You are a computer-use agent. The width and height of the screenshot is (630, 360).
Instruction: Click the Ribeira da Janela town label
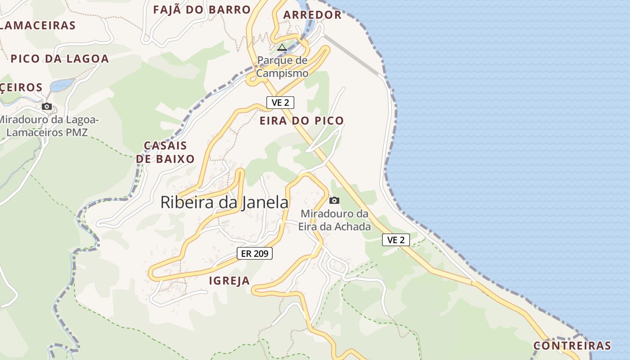coord(224,202)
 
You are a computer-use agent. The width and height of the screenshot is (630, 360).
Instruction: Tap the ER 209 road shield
coord(255,253)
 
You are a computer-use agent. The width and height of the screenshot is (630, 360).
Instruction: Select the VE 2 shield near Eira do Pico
coord(280,103)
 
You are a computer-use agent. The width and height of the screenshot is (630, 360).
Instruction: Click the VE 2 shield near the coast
coord(396,240)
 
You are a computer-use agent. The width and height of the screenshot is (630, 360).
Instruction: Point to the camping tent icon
coord(282,47)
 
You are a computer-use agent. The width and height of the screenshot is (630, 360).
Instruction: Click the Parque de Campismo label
coord(283,67)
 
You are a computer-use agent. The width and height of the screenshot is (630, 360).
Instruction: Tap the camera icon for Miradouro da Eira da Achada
coord(334,200)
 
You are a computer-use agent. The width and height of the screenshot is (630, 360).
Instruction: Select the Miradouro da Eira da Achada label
coord(335,220)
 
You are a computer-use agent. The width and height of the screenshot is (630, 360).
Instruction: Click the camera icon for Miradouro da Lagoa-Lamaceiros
coord(47,107)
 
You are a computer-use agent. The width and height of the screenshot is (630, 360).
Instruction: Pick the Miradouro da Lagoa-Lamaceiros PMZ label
coord(48,126)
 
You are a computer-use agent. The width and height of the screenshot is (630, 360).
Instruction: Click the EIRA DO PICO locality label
coord(301,121)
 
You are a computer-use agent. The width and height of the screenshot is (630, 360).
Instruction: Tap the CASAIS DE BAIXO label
coord(165,152)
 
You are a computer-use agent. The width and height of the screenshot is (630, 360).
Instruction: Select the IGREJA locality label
coord(229,281)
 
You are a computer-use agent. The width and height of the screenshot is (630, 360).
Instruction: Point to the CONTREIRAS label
coord(572,346)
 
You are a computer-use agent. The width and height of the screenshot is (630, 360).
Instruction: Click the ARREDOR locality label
coord(312,15)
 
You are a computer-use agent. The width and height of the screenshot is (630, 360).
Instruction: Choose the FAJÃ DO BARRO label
coord(202,9)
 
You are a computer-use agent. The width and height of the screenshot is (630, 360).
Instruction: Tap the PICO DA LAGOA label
coord(60,58)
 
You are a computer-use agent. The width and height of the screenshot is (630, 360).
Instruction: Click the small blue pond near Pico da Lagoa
coord(62,85)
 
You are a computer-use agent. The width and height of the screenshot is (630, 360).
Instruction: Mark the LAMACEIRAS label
coord(38,25)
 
